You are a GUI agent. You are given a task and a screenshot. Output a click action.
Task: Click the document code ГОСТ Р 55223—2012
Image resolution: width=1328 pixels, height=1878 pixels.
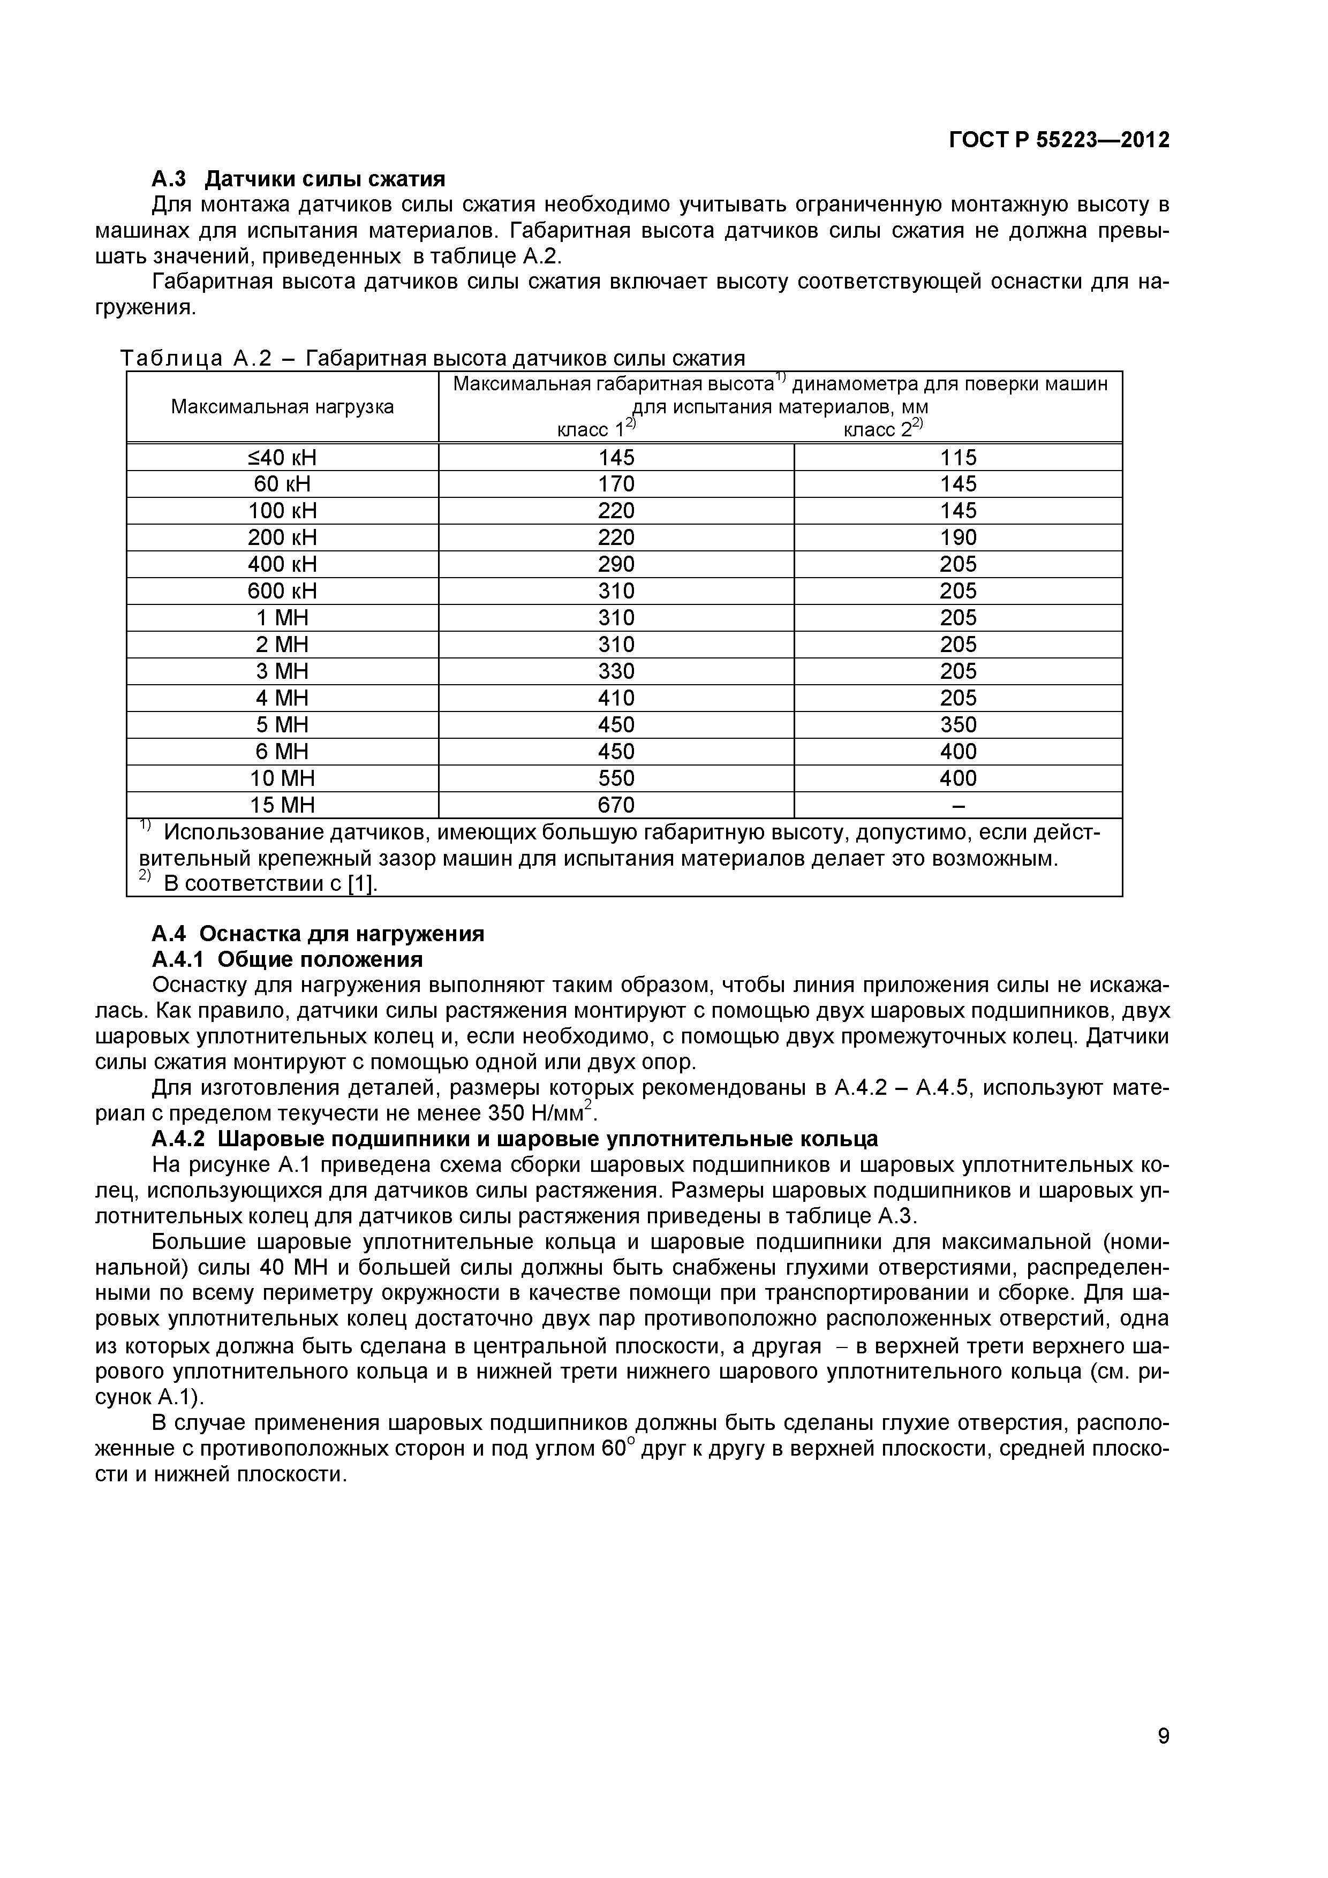[x=1059, y=141]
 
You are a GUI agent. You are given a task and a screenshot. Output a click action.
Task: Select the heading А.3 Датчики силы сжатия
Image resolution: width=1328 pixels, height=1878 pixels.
[x=299, y=178]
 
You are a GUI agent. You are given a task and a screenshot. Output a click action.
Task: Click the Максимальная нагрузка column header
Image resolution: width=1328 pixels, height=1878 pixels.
[x=282, y=406]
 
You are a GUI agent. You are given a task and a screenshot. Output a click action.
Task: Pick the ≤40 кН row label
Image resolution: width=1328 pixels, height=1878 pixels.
[x=282, y=457]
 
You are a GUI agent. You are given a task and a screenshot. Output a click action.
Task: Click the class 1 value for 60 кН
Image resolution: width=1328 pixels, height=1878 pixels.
[x=616, y=484]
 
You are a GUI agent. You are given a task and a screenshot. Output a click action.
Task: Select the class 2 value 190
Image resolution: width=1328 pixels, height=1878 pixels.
[x=958, y=537]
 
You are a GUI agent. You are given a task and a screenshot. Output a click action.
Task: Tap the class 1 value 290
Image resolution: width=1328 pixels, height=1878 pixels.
[x=616, y=564]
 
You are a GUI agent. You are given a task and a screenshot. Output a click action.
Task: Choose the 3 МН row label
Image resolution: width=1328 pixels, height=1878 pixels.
[x=282, y=671]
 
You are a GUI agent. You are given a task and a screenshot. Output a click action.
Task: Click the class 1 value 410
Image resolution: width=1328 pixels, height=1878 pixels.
[x=616, y=698]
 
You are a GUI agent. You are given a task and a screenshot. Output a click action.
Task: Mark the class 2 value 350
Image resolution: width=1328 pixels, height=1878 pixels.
[x=958, y=725]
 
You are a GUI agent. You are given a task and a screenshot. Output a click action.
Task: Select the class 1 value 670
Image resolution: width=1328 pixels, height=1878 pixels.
[x=616, y=805]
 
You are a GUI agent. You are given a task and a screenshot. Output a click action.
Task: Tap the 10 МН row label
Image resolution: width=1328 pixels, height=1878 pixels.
[x=282, y=778]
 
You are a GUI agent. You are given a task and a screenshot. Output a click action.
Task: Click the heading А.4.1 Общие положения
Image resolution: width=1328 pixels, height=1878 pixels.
[x=287, y=959]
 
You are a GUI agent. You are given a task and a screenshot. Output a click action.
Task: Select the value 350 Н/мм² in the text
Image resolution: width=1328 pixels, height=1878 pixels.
[x=541, y=1114]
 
